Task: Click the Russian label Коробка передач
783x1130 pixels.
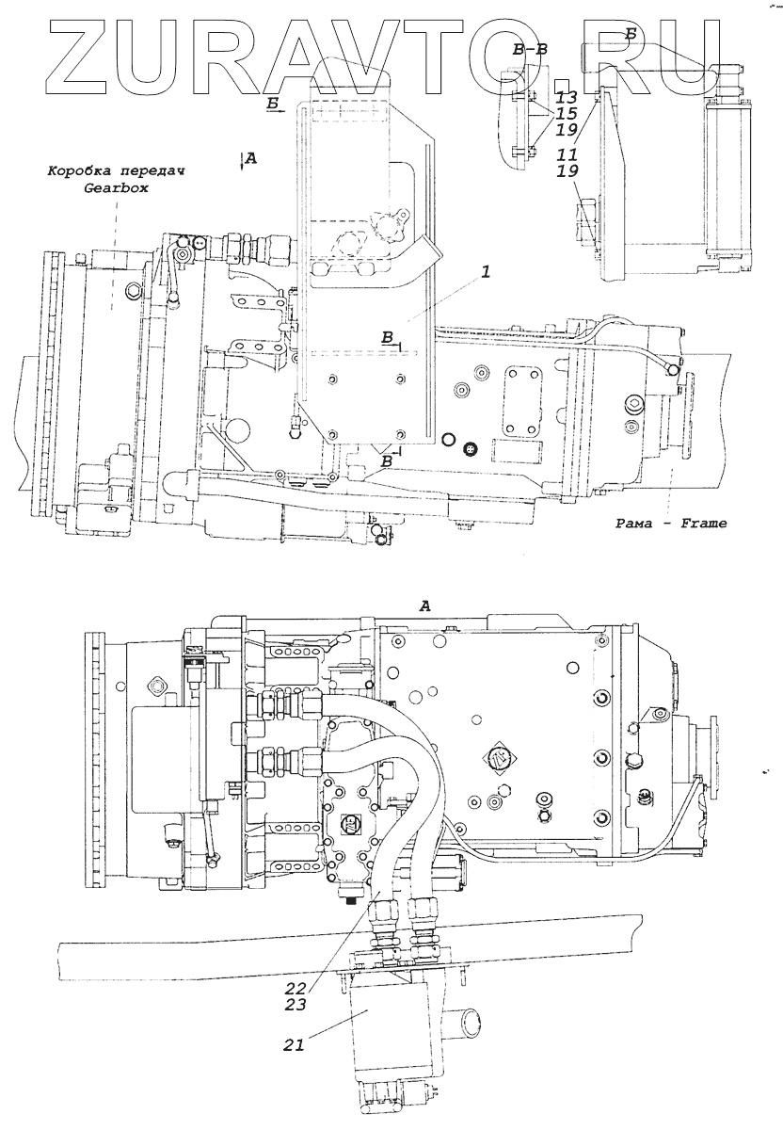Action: pos(115,172)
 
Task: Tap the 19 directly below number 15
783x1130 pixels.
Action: pos(565,130)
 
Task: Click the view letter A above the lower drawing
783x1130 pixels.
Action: pos(425,608)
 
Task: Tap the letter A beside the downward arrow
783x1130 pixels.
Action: pos(250,160)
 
